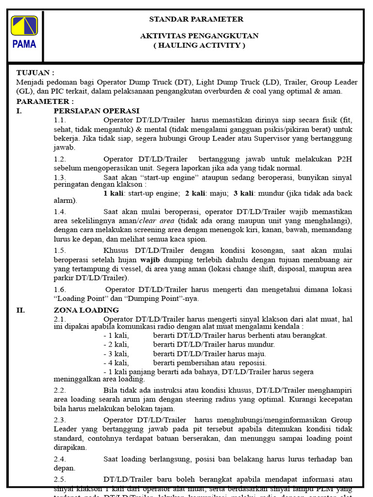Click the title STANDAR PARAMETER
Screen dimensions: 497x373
[196, 19]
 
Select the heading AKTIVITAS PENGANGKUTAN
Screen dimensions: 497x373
[199, 36]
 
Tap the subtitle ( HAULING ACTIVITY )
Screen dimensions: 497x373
[199, 45]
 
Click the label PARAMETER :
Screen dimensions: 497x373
[45, 101]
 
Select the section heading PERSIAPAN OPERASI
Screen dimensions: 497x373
[96, 111]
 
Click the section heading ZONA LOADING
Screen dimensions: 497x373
[86, 310]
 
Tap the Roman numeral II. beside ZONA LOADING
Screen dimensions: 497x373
[20, 310]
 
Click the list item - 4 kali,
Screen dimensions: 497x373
[116, 363]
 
